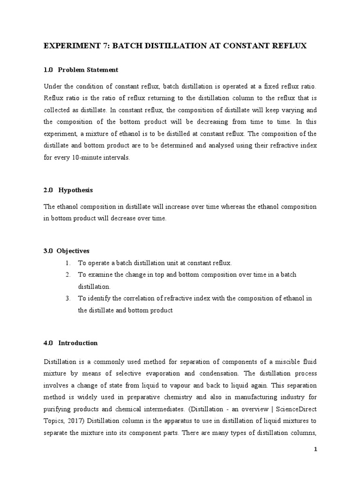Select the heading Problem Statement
88,70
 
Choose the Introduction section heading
78,343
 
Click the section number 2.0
48,190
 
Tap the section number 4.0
48,343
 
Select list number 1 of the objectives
68,263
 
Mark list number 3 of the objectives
68,298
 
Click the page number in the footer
316,450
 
